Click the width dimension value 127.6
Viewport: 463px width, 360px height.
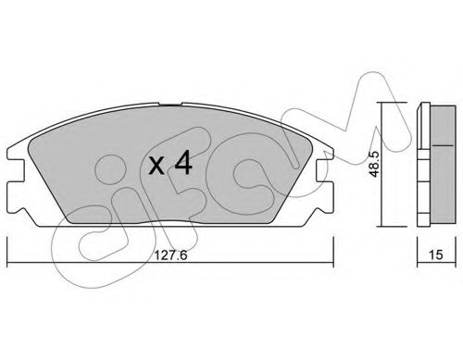click(170, 255)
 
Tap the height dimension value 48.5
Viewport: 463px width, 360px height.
click(374, 165)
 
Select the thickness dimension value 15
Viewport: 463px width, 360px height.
click(436, 254)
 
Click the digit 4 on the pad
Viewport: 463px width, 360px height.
click(183, 165)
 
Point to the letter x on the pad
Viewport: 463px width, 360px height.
click(156, 167)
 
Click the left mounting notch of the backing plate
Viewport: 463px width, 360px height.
click(16, 170)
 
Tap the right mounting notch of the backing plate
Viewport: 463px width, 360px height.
click(325, 170)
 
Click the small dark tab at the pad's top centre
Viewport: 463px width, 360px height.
click(170, 106)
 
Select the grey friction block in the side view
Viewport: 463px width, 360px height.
click(443, 165)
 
